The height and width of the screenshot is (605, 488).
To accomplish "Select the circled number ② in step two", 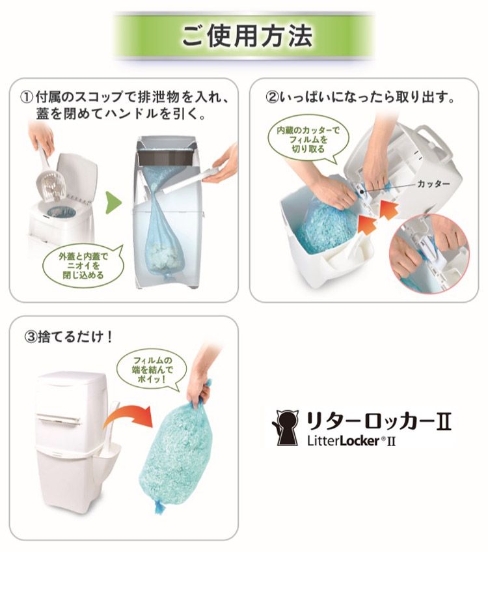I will click(x=273, y=97).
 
